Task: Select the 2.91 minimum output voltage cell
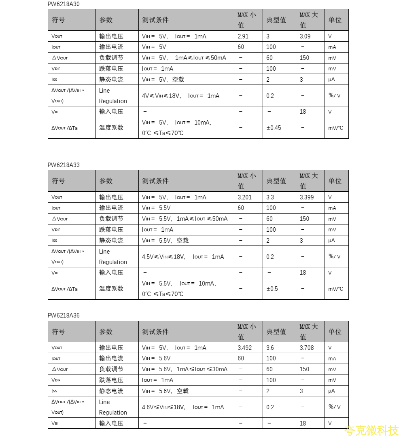[243, 36]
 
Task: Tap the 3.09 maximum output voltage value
[305, 36]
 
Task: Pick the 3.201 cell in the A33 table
[245, 197]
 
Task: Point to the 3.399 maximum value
[307, 197]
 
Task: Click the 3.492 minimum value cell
[245, 348]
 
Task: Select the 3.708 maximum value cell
[307, 348]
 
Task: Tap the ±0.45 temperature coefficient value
[274, 128]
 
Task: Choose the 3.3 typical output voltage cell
[270, 197]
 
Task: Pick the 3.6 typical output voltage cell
[270, 348]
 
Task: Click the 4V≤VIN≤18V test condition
[180, 96]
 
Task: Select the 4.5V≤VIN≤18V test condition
[183, 257]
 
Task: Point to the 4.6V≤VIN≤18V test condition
[183, 407]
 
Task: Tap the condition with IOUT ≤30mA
[185, 369]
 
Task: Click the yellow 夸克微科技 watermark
[371, 430]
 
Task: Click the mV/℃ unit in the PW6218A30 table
[336, 128]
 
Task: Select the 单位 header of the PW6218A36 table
[335, 332]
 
